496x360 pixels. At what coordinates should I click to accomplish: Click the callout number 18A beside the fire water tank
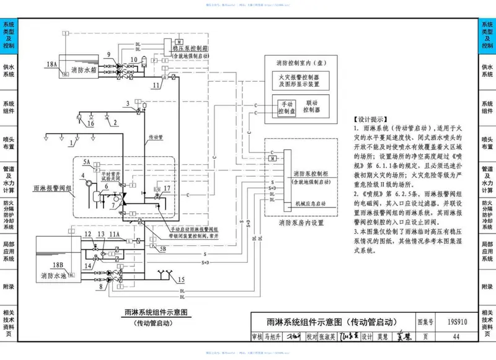[x=51, y=64]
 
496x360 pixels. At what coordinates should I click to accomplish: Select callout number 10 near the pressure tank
[x=134, y=59]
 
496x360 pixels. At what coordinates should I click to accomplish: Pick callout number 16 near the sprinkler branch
[x=91, y=123]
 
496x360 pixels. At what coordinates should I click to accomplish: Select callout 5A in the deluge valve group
[x=87, y=162]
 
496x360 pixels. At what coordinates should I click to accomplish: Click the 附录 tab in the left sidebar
[x=9, y=287]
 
